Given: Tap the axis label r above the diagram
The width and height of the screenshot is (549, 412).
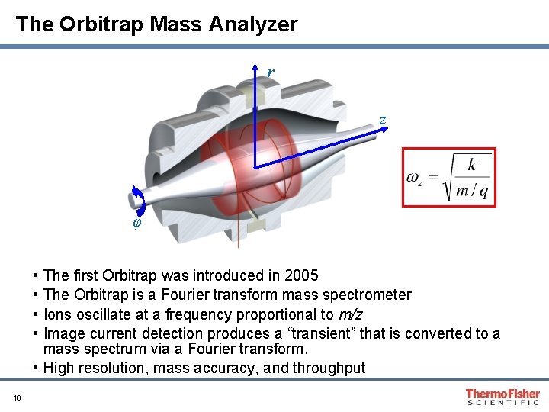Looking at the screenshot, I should pyautogui.click(x=270, y=72).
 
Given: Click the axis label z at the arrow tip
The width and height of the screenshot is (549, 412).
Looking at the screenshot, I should pyautogui.click(x=382, y=121).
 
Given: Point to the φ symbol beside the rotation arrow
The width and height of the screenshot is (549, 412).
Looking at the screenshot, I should pyautogui.click(x=137, y=224).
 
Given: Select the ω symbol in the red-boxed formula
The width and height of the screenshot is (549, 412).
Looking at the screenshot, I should pyautogui.click(x=413, y=178).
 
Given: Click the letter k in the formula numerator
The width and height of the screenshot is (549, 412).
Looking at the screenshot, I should pyautogui.click(x=472, y=165).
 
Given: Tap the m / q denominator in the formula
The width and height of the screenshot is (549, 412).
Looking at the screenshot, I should pyautogui.click(x=472, y=191).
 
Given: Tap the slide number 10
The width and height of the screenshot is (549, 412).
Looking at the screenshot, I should pyautogui.click(x=17, y=396).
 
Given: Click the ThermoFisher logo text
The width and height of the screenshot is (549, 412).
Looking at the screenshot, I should pyautogui.click(x=502, y=393).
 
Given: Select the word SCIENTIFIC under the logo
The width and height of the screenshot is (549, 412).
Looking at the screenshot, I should pyautogui.click(x=502, y=402).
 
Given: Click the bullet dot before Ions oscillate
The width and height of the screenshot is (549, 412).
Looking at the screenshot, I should pyautogui.click(x=37, y=314).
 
